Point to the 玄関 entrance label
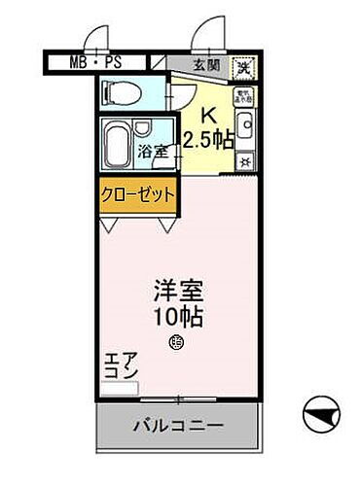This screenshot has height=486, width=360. (204, 66)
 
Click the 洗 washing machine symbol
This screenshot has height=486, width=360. (245, 68)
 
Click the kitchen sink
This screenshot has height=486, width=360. (245, 123)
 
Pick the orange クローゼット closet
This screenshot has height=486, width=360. (137, 193)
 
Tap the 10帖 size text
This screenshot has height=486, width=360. (173, 316)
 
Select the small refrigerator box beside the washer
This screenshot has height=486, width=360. (243, 95)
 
